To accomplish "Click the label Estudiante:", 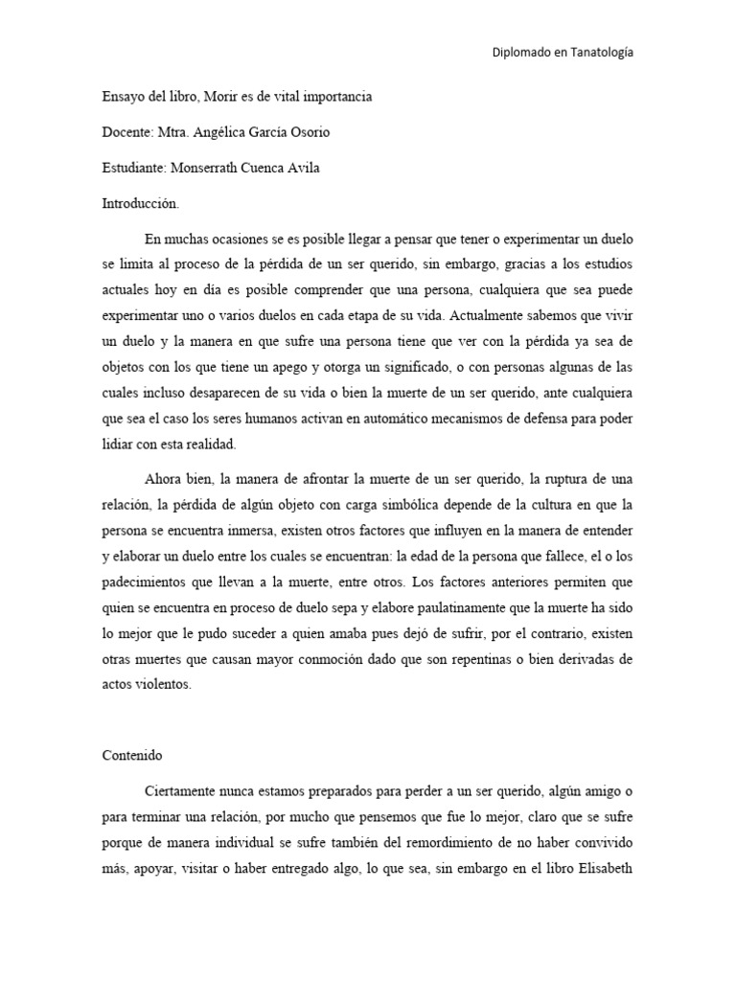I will [x=135, y=170].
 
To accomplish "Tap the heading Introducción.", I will [x=141, y=204].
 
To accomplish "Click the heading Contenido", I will [x=134, y=754].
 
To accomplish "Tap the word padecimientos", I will [x=148, y=582].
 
